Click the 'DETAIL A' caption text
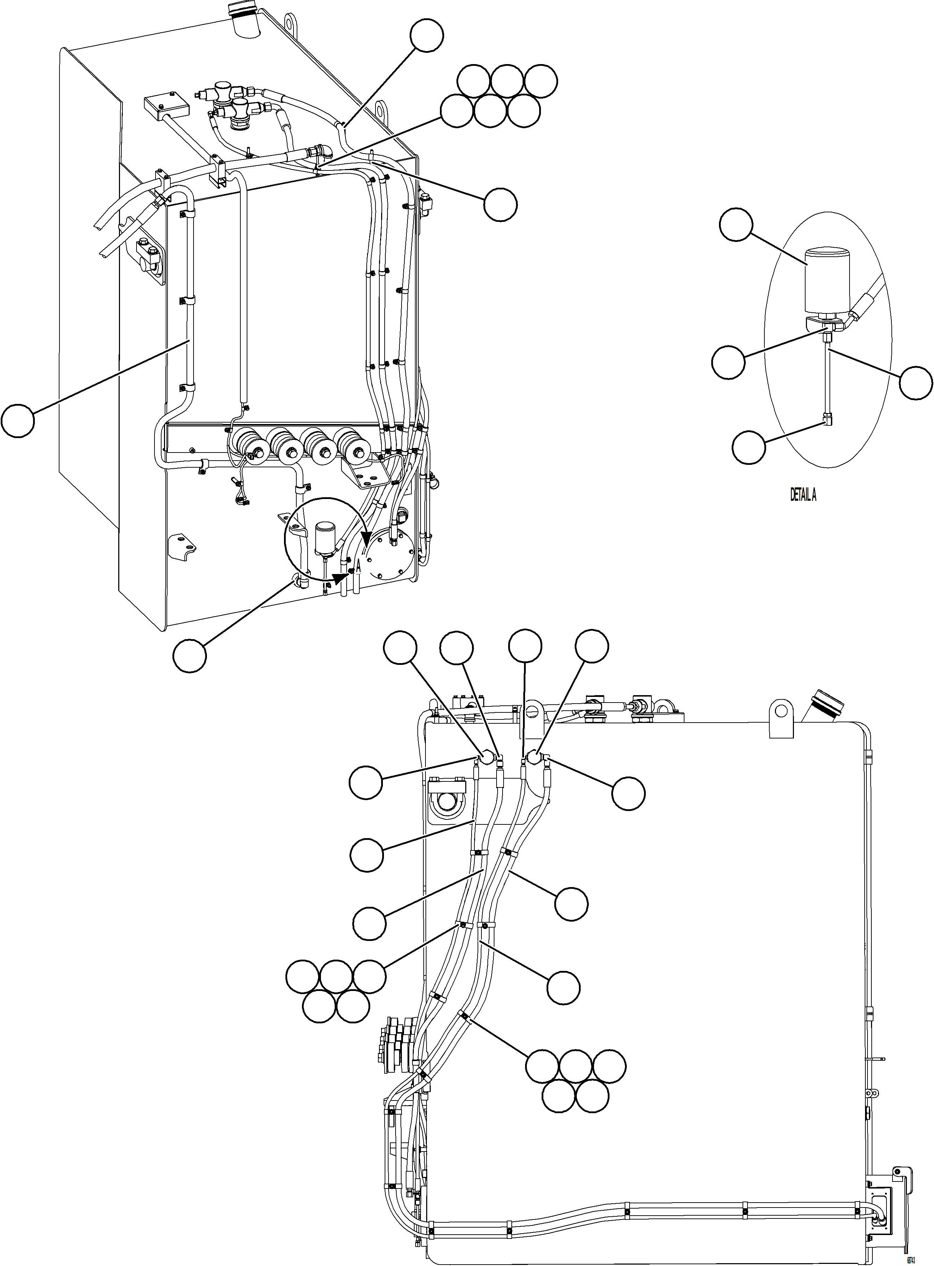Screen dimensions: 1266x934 803,495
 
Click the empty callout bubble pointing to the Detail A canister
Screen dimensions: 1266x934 736,225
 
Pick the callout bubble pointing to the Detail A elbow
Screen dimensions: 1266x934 749,448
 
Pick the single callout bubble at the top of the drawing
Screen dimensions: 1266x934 426,35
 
